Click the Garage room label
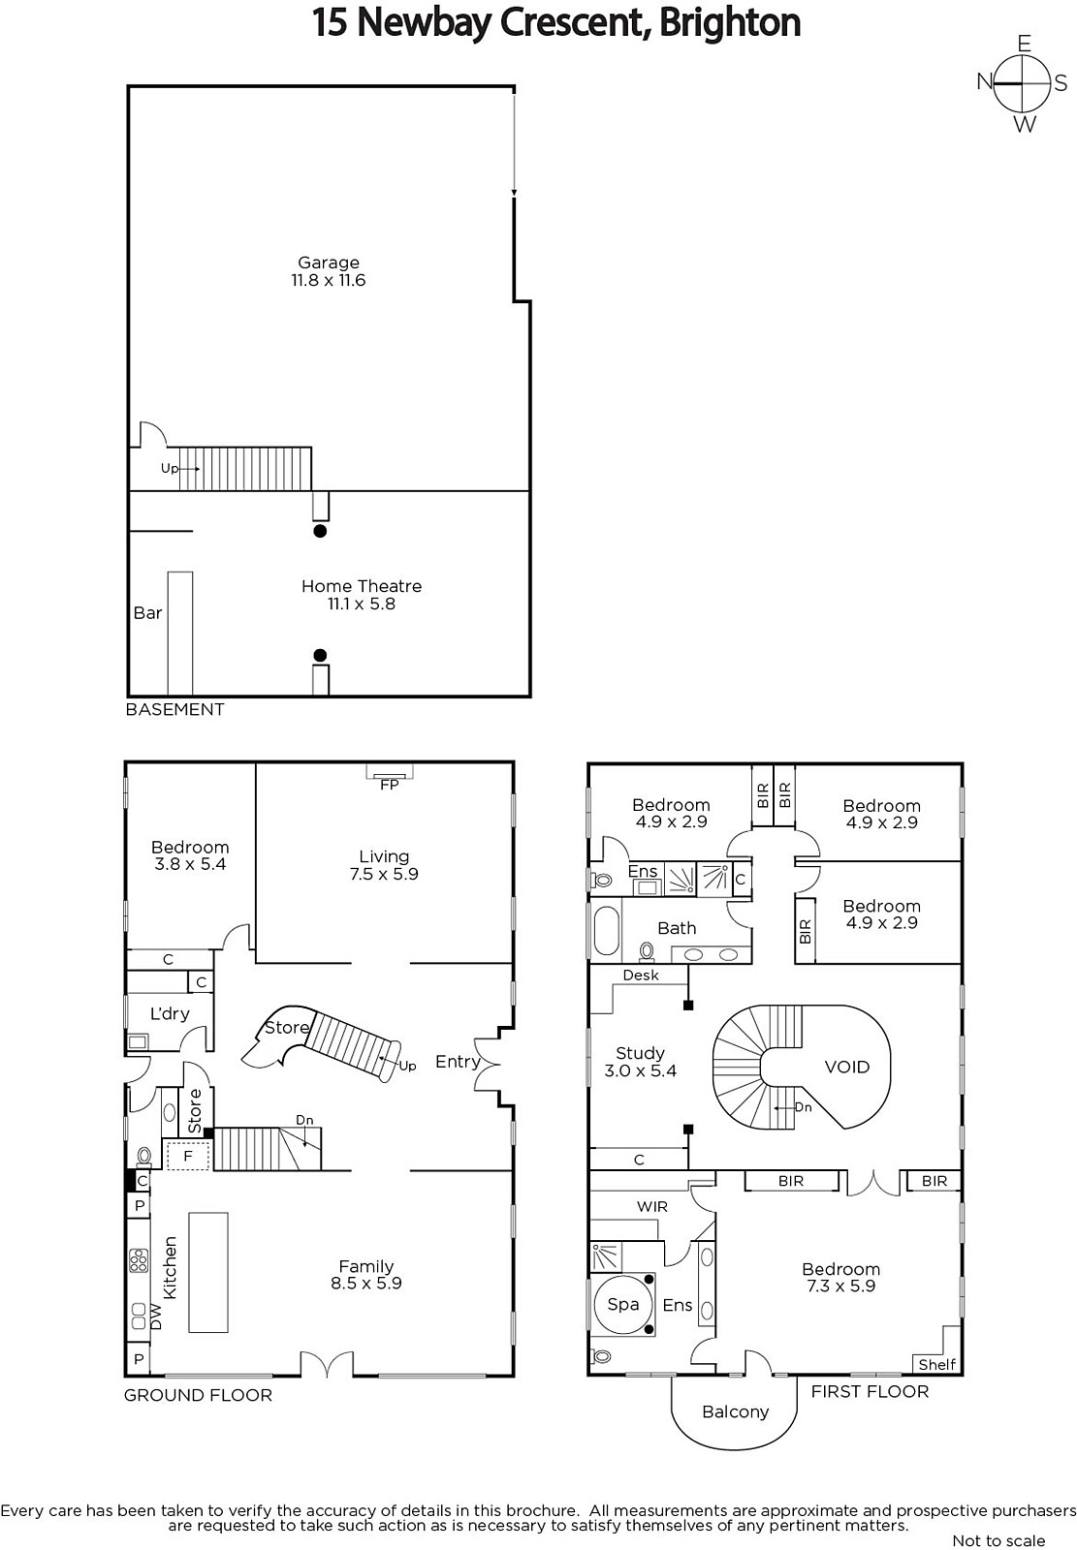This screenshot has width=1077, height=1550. pos(329,263)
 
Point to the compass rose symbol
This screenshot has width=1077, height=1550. pos(1023,83)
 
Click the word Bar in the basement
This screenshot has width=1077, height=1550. pos(147,613)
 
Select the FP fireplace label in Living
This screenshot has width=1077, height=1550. pos(390,786)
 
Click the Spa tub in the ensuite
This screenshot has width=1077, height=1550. pos(623,1304)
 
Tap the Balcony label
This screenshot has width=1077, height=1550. pos(736,1411)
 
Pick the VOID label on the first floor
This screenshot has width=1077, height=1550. pos(846,1067)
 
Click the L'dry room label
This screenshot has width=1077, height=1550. pos(170,1013)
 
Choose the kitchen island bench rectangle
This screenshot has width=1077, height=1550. pos(207,1272)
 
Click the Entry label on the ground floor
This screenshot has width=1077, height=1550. pos(458,1062)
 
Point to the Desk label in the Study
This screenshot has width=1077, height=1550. pos(641,975)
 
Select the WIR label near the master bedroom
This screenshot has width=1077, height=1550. pos(652,1207)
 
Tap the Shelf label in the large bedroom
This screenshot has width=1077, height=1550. pos(937,1365)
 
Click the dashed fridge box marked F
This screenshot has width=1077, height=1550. pos(187,1156)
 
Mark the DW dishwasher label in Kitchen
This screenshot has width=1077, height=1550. pos(156,1317)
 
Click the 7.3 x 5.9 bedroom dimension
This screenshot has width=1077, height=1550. pos(840,1286)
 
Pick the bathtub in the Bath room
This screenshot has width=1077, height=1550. pos(606,929)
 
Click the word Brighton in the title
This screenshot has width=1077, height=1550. pos(730,22)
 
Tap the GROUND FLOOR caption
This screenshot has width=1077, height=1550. pos(198,1395)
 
